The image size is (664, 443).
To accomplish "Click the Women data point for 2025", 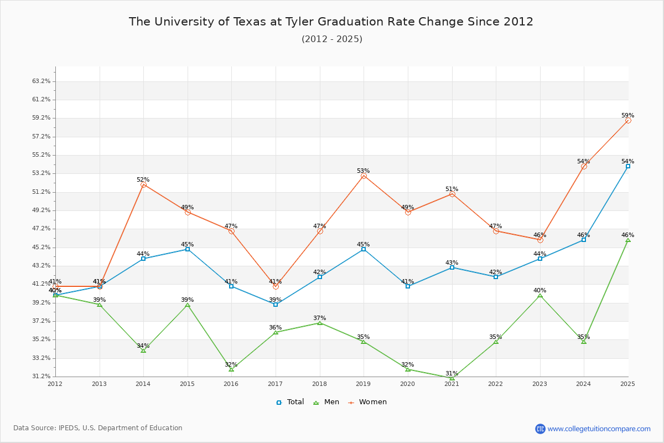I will point(628,120).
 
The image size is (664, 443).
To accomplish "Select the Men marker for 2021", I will point(452,378).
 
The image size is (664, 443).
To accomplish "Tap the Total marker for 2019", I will point(364,249).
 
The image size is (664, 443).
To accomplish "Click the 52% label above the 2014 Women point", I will point(143,180).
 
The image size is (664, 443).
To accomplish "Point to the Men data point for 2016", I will point(231,369).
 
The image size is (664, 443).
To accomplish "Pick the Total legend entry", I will point(290,402).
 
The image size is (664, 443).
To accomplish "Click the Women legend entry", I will point(367,402).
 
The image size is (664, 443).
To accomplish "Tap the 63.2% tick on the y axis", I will point(41,81).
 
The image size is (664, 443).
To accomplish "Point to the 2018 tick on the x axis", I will point(320,383).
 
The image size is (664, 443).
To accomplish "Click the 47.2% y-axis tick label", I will point(41,229).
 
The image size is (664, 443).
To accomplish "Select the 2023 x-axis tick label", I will point(540,383).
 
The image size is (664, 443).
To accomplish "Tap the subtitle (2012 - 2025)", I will point(332,39).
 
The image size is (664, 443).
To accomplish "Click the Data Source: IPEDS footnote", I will point(98,428).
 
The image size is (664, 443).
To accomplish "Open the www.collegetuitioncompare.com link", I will point(599,429).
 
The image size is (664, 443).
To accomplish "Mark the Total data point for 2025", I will point(628,166).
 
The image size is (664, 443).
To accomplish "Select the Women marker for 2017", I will point(276,286).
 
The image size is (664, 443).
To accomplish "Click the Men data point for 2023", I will point(540,295).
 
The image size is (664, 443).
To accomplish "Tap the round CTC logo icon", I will point(540,429).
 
